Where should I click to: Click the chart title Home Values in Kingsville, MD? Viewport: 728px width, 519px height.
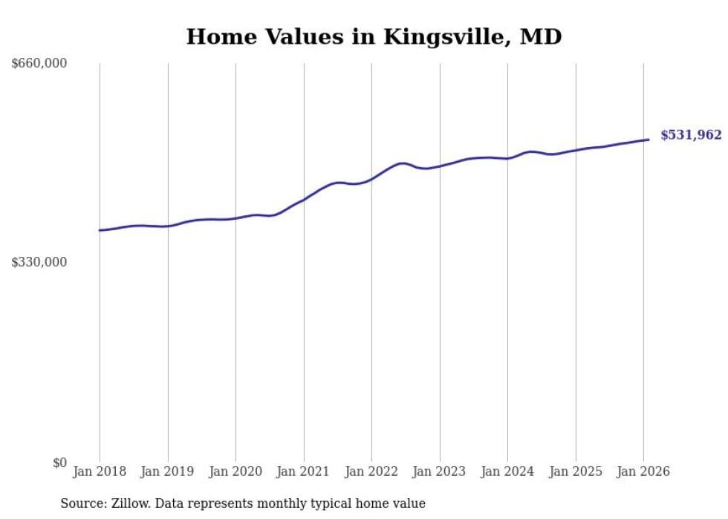374,36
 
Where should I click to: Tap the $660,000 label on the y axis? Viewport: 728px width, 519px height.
39,64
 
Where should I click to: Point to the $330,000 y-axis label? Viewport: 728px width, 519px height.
39,262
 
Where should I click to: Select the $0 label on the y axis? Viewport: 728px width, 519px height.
59,463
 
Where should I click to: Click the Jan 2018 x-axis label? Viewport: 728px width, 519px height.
100,471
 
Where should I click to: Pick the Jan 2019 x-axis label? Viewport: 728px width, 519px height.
168,471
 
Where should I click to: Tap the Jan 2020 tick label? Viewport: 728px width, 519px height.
235,471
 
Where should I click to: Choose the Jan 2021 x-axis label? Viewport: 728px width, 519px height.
304,471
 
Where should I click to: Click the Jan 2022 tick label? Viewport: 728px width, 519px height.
371,471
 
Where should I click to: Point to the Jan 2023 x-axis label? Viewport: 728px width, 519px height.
440,471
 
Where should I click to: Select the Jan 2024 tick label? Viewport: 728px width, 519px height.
507,471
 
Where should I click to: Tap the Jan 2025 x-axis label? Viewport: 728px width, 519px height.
576,471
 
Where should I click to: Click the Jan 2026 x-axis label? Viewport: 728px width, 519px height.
643,471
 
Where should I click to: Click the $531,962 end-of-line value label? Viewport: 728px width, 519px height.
691,135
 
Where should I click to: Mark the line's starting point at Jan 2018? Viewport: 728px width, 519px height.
100,230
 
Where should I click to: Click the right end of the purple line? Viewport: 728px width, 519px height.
649,140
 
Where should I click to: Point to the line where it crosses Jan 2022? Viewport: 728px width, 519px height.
371,179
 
